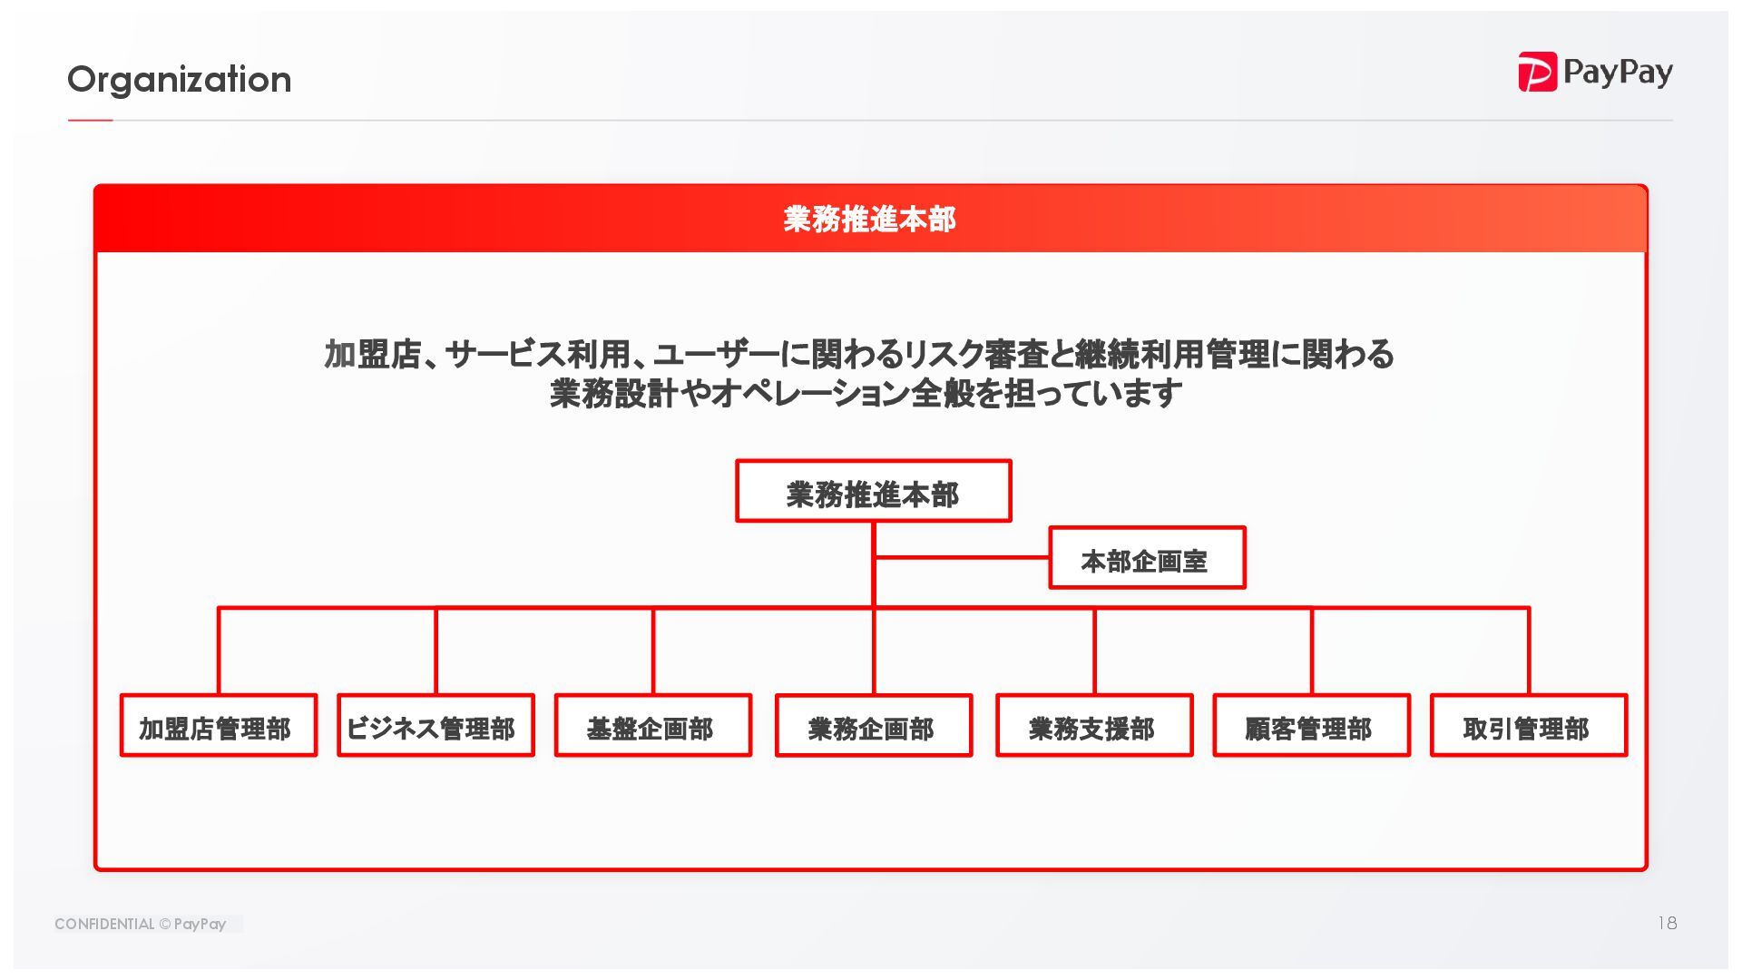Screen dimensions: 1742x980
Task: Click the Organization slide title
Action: (179, 80)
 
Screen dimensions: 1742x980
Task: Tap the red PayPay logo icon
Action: (1537, 72)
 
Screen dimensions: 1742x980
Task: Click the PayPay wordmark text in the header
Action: (1618, 73)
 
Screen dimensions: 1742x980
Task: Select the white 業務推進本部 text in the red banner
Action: (869, 220)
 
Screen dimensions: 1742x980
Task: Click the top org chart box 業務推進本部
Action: (873, 492)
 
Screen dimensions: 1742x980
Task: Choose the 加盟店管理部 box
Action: (218, 726)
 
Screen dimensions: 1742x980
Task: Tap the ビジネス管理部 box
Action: (435, 726)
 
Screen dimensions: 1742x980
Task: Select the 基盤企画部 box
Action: (652, 726)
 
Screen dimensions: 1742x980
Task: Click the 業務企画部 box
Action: (873, 726)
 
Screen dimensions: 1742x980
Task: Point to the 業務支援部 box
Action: (1093, 726)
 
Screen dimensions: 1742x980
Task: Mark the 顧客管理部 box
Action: (1311, 726)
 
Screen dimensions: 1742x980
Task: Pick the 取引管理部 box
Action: (1528, 726)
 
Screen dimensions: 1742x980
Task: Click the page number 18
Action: (1667, 923)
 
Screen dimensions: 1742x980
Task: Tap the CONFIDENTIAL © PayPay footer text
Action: (140, 924)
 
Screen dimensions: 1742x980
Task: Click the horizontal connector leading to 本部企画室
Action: (962, 557)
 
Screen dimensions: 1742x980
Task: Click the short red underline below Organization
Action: (90, 120)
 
